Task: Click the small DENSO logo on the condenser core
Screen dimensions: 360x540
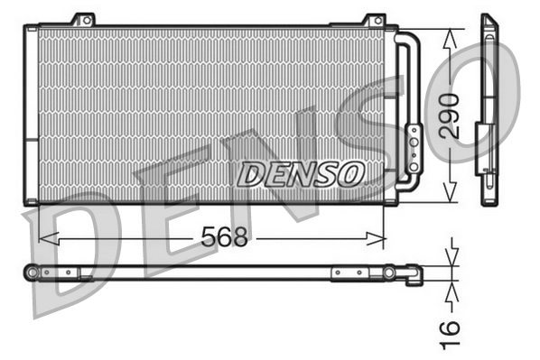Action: click(x=301, y=172)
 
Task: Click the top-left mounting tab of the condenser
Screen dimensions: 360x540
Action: click(x=83, y=20)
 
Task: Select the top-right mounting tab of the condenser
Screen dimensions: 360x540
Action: click(x=373, y=20)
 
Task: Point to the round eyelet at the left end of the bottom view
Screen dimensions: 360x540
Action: click(x=33, y=272)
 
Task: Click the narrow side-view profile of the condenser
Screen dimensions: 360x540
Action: click(x=489, y=108)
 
